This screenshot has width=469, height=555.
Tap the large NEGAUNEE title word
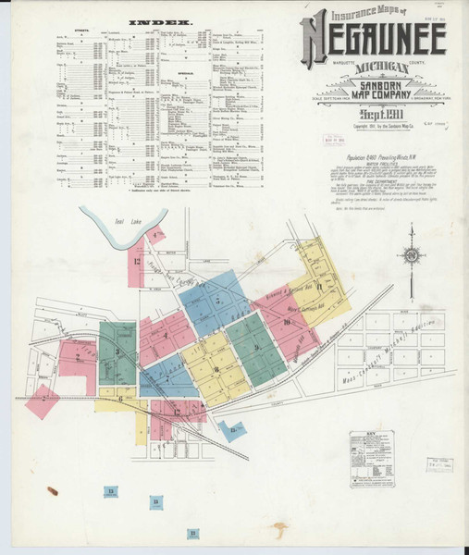point(372,39)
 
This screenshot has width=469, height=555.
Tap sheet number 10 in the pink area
point(289,321)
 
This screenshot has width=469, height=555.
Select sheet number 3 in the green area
point(117,351)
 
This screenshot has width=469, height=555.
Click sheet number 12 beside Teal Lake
point(139,260)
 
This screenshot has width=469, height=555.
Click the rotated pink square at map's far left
point(43,402)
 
